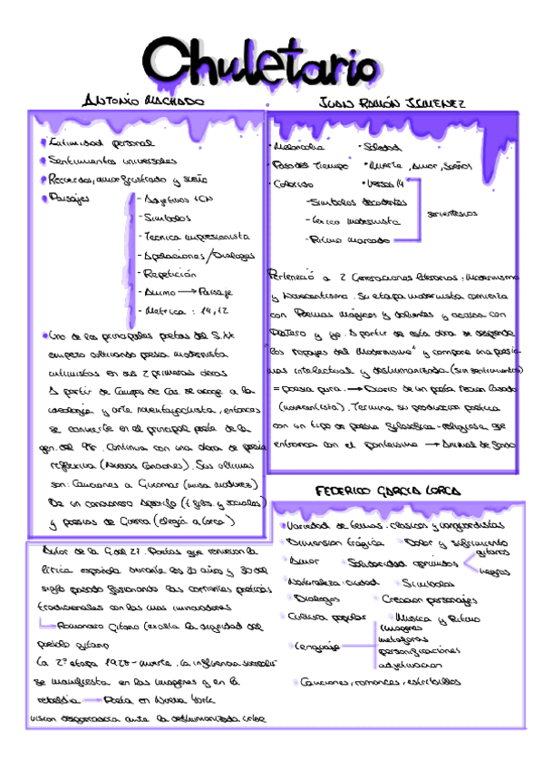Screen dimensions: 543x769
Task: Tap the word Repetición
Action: click(x=170, y=272)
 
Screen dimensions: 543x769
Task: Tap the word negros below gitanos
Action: click(x=493, y=572)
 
